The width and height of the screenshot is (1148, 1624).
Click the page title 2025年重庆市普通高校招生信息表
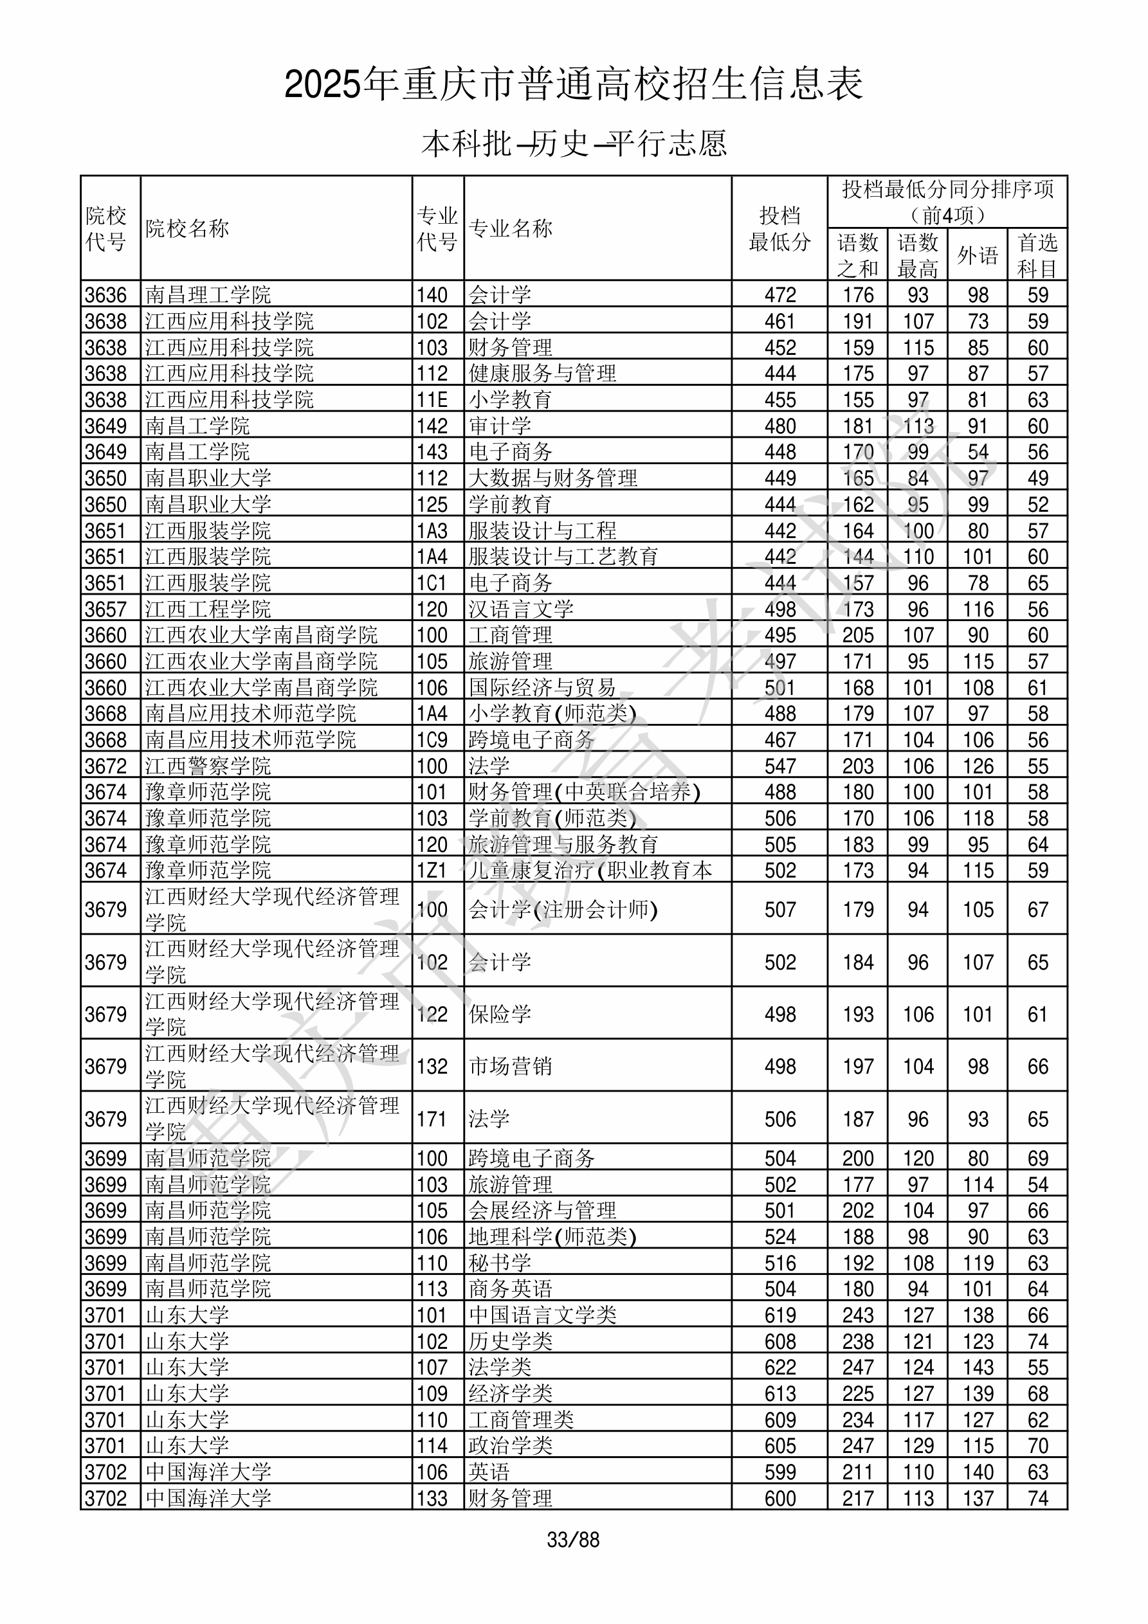[573, 84]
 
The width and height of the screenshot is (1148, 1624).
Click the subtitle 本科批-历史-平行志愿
[573, 143]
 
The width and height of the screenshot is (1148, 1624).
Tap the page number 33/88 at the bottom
[573, 1540]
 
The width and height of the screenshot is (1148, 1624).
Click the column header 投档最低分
[779, 228]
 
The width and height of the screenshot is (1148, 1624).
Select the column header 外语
[978, 255]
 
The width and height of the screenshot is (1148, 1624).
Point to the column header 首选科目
[1037, 255]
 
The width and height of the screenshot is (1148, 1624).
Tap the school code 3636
[105, 295]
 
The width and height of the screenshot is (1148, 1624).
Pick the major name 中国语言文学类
[542, 1315]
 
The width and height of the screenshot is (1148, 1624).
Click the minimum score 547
[780, 766]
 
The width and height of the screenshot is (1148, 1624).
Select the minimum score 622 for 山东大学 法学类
[780, 1367]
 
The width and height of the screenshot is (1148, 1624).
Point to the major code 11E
[432, 400]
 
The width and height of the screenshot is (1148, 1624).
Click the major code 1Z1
[432, 870]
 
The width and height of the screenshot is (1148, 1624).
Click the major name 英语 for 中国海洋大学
[489, 1472]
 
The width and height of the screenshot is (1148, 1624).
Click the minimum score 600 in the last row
[780, 1498]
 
